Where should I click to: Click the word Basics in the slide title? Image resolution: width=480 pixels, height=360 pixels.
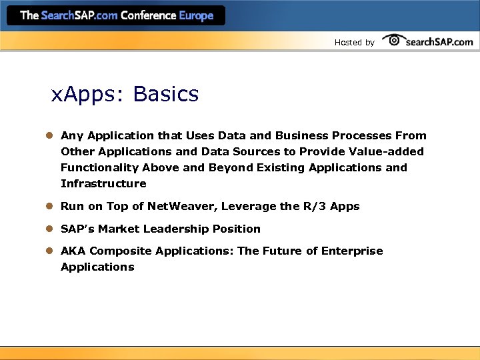pyautogui.click(x=166, y=95)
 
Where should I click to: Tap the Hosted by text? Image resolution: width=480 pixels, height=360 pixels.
pyautogui.click(x=354, y=43)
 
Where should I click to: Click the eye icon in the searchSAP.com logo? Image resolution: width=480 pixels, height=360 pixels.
pyautogui.click(x=394, y=40)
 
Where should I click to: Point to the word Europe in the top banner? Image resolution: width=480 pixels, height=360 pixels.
pyautogui.click(x=196, y=15)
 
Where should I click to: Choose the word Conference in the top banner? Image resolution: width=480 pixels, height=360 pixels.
pyautogui.click(x=148, y=15)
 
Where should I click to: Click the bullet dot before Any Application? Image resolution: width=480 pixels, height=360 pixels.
pyautogui.click(x=49, y=135)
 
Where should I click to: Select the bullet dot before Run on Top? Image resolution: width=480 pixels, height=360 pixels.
pyautogui.click(x=49, y=207)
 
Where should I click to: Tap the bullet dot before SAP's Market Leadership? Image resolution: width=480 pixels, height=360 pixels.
pyautogui.click(x=49, y=229)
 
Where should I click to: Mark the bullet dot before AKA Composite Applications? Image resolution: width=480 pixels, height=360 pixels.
pyautogui.click(x=49, y=251)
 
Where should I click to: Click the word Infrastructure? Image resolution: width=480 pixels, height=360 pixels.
pyautogui.click(x=103, y=183)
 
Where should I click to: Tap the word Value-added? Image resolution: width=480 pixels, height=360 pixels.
pyautogui.click(x=385, y=151)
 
